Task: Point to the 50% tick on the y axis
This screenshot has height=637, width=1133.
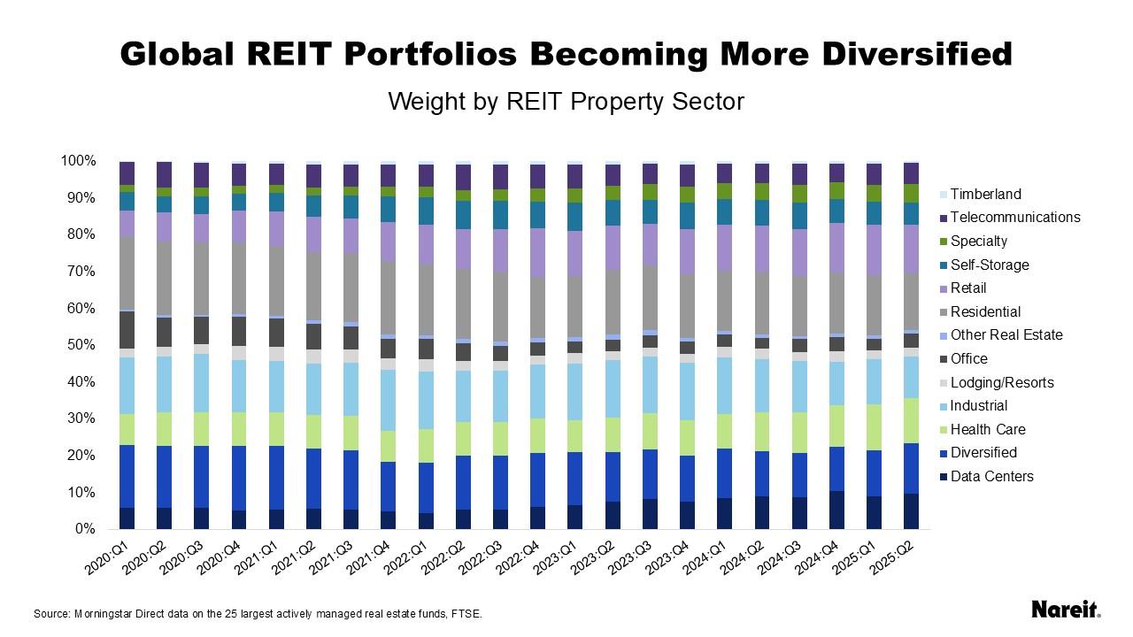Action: (79, 345)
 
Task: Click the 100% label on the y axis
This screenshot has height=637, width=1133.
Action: (77, 161)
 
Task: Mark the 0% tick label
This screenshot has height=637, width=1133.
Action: (85, 529)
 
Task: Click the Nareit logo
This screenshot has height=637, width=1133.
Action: (1066, 610)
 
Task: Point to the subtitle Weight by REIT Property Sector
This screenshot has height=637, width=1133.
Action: (566, 102)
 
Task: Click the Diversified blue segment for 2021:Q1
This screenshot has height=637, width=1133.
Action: (276, 478)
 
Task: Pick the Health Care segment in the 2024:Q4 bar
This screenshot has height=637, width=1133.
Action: (836, 426)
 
